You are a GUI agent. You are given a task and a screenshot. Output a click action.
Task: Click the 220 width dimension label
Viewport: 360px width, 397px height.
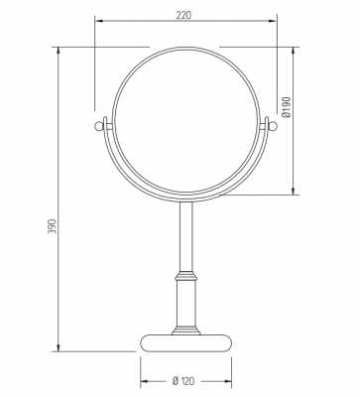[183, 15]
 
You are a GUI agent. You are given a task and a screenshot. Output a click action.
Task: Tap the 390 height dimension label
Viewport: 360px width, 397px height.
[53, 226]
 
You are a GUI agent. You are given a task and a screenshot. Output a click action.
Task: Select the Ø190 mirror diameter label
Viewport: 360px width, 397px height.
[287, 107]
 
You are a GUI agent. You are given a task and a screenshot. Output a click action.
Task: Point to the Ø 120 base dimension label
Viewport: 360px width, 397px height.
[183, 381]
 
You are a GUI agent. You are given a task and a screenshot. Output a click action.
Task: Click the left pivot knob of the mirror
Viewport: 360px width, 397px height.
[98, 126]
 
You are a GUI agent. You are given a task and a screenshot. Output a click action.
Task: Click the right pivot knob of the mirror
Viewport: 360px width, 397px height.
[273, 126]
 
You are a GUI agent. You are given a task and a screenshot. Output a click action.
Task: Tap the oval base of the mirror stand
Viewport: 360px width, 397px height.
[185, 343]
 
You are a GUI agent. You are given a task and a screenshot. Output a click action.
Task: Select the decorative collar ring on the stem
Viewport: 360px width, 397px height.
[185, 275]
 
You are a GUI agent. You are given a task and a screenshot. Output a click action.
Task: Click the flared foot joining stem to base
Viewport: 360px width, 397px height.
[185, 331]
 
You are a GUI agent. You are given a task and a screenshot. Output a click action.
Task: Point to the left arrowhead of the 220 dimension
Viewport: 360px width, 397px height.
[98, 21]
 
